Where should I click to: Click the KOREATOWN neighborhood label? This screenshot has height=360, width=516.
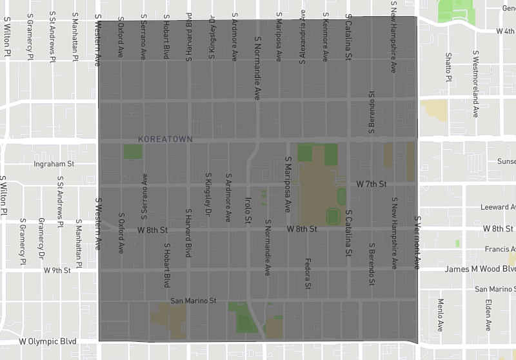(165, 139)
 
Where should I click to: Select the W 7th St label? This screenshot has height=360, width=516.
(371, 185)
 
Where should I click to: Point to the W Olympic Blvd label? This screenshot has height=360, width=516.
(48, 341)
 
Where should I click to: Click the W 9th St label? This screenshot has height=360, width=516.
(57, 270)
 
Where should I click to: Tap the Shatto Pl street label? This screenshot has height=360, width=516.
(448, 68)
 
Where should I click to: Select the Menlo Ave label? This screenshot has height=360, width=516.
(441, 315)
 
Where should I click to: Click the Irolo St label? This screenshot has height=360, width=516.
(248, 211)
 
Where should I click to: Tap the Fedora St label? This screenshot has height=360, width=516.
(308, 274)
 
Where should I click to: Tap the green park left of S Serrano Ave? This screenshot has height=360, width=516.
(132, 152)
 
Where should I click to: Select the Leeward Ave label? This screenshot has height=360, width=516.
(498, 207)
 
